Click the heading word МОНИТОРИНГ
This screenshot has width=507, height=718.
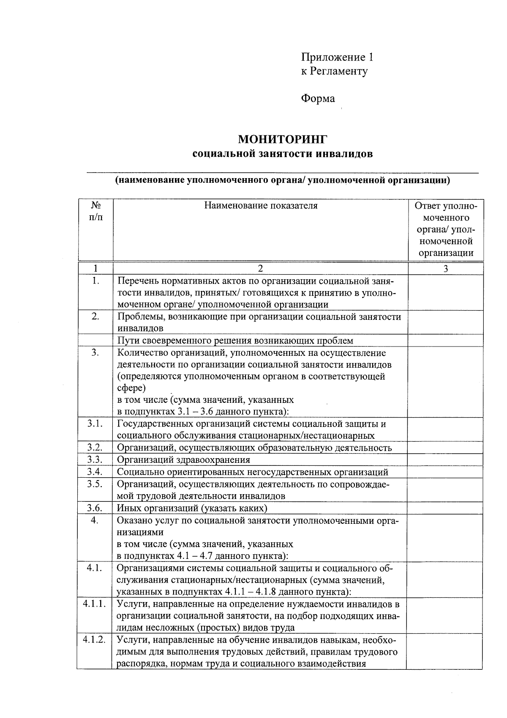[283, 139]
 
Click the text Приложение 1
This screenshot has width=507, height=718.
[337, 57]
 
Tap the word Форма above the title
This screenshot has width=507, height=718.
[318, 99]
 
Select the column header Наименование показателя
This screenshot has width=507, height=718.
[261, 206]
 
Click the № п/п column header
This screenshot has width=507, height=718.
[95, 211]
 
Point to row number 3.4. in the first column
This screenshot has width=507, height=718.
[95, 472]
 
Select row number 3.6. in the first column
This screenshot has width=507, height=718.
[95, 508]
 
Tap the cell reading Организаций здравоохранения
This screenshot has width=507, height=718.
[183, 460]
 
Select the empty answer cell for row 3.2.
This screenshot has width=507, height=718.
[445, 448]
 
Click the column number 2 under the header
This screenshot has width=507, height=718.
[260, 268]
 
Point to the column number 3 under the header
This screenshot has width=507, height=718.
[445, 268]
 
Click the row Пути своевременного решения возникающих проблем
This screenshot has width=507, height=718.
[235, 341]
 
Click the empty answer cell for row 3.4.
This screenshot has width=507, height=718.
[445, 472]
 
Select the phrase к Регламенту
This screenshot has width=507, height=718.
[334, 71]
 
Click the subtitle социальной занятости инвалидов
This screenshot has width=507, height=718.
[282, 154]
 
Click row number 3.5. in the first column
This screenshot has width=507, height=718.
[95, 484]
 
